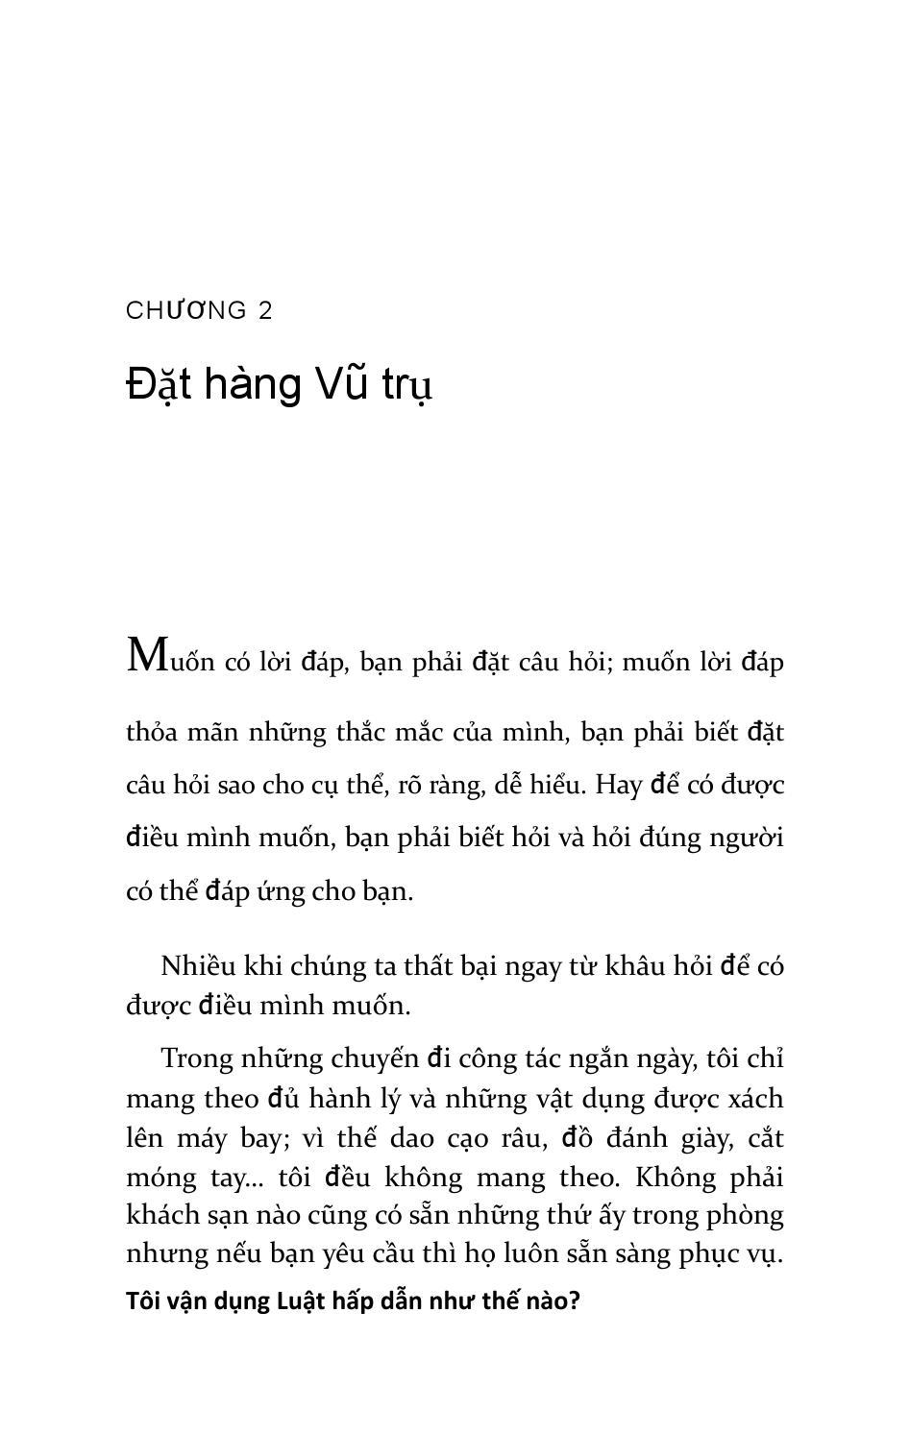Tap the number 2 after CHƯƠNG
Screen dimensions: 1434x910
point(265,311)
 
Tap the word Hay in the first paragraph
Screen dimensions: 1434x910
point(618,785)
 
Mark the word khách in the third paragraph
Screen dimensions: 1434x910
point(159,1216)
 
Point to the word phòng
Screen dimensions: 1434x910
point(745,1217)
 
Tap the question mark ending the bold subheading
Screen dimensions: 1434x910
point(575,1302)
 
